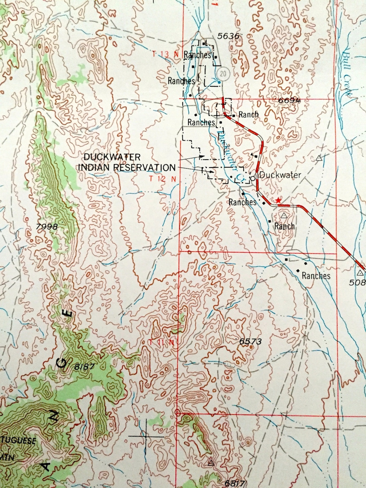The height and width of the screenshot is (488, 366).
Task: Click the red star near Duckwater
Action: [x=278, y=201]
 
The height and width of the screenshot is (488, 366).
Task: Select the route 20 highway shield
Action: [x=223, y=74]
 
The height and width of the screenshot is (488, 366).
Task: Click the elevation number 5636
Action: [x=228, y=36]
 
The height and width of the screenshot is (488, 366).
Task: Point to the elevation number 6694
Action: [x=289, y=100]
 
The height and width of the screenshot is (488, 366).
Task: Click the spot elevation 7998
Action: [x=47, y=227]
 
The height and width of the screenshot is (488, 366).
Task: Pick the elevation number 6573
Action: [x=250, y=342]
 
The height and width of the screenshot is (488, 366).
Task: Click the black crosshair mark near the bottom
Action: [x=146, y=436]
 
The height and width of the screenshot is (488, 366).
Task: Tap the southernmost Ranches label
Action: [x=316, y=275]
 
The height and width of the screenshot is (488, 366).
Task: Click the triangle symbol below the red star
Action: [x=283, y=215]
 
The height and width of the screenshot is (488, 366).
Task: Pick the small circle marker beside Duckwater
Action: [x=253, y=178]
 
